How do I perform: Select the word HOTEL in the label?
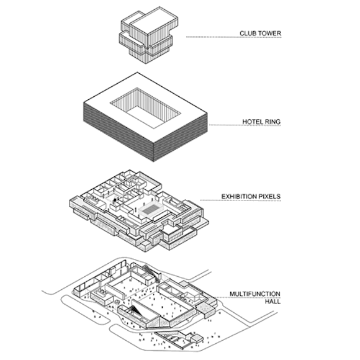pos(252,122)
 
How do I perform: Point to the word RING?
pos(272,122)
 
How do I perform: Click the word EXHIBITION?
pos(239,197)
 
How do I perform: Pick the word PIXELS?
pos(270,197)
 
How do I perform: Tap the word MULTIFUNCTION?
pos(255,294)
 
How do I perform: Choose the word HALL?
pos(272,302)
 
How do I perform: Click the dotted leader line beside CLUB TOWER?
pos(234,37)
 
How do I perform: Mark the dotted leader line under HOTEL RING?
pos(245,125)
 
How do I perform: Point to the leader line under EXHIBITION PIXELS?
pos(240,200)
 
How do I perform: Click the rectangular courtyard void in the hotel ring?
pos(145,108)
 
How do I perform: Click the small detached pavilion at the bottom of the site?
pos(197,338)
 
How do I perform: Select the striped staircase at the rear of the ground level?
pos(152,273)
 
